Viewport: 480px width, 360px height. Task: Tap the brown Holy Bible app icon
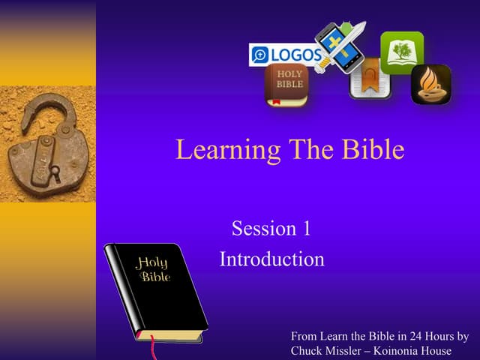(286, 85)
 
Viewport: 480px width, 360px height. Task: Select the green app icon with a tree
(401, 52)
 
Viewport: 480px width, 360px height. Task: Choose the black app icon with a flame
(430, 84)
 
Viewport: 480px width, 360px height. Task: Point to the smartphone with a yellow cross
(337, 47)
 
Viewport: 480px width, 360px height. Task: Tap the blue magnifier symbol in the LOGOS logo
(260, 55)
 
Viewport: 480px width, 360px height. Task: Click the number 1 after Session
(305, 229)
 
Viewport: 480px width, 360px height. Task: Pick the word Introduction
(271, 259)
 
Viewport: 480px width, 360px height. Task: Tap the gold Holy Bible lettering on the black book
(152, 269)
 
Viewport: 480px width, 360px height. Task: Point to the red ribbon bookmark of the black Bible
(153, 349)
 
